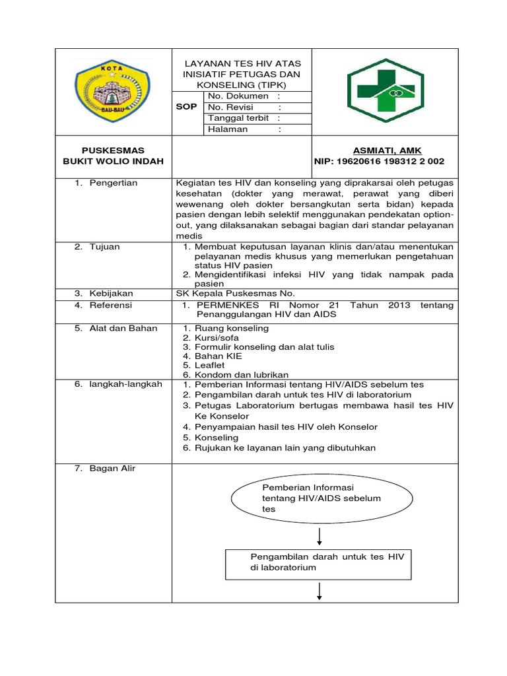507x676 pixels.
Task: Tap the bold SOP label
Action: pyautogui.click(x=187, y=107)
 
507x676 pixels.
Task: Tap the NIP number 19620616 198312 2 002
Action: pyautogui.click(x=380, y=161)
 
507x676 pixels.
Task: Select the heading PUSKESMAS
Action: pyautogui.click(x=113, y=151)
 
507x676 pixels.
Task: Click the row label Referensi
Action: pyautogui.click(x=111, y=305)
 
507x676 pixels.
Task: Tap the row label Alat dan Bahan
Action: pyautogui.click(x=119, y=328)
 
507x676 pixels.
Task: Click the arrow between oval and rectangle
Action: pyautogui.click(x=320, y=534)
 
